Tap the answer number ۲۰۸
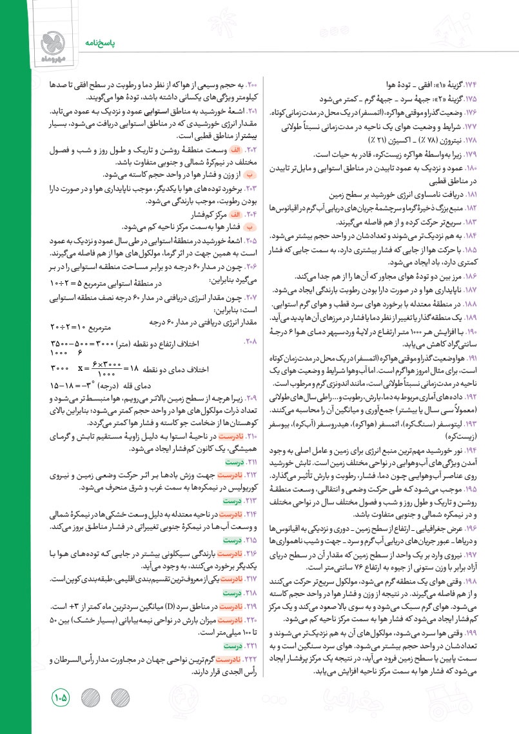tap(251, 339)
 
